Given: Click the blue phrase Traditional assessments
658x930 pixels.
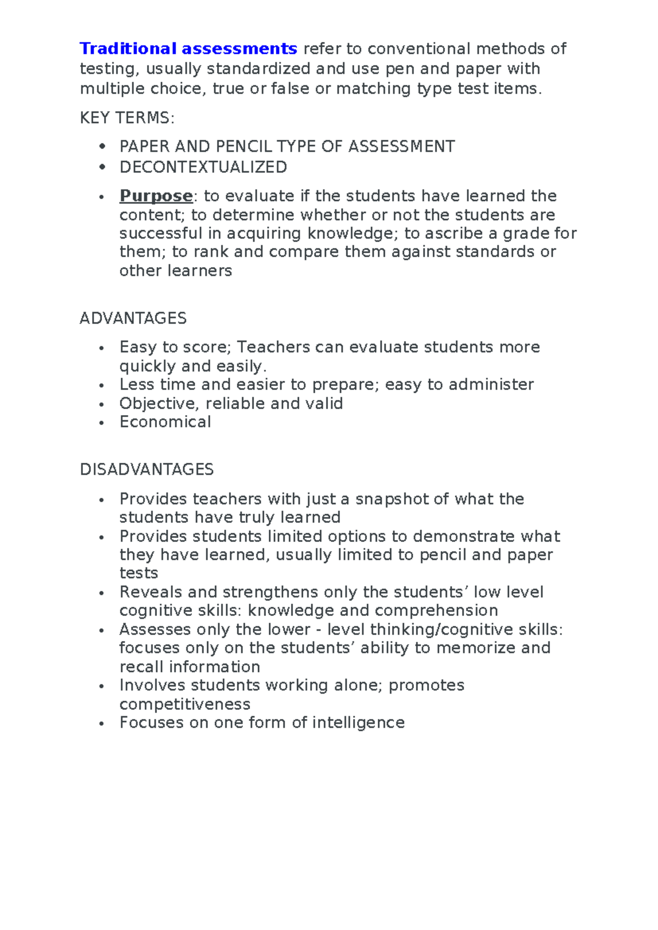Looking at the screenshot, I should pos(188,49).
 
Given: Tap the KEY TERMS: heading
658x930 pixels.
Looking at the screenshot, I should pos(127,118).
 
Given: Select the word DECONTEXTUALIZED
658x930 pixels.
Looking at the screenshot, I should pos(203,167).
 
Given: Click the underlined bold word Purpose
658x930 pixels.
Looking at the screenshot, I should pos(156,196).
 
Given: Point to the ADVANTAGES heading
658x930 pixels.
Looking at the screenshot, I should pos(133,318).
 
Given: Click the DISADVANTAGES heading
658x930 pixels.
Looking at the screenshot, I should pos(146,469).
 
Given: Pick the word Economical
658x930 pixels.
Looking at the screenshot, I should pos(165,422).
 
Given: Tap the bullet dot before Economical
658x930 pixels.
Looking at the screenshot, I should pos(101,423).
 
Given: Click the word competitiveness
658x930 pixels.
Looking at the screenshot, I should pos(185,704).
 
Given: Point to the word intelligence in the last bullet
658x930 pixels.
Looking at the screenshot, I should pos(358,723).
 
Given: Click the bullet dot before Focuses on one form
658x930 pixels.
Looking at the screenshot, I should pos(101,724).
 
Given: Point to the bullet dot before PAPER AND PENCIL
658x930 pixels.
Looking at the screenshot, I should pos(101,146).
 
